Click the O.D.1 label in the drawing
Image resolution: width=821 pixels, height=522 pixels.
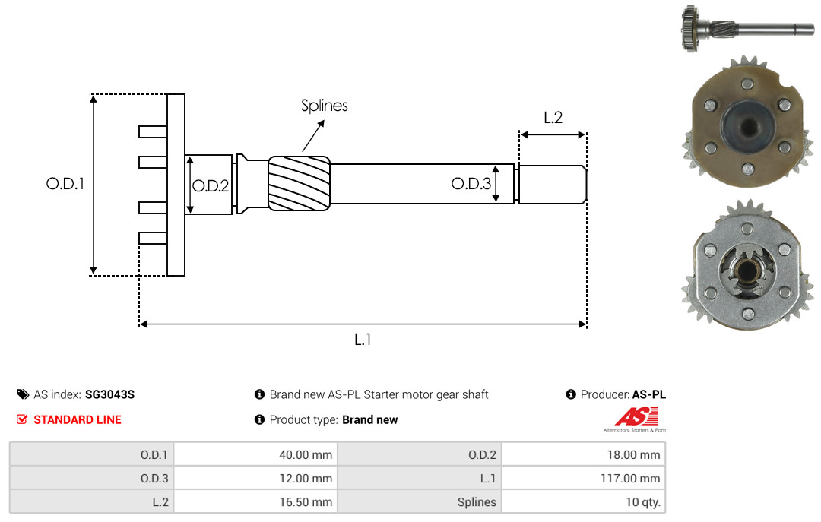(x=65, y=184)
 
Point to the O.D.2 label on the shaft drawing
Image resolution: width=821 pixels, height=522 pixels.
(x=211, y=186)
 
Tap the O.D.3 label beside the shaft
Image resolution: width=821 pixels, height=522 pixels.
(x=471, y=183)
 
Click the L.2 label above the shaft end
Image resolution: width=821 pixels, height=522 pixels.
(x=553, y=118)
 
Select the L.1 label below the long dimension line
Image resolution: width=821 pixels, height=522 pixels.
(x=363, y=340)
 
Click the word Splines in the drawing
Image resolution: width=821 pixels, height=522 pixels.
(x=324, y=106)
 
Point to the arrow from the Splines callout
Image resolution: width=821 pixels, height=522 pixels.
(x=313, y=136)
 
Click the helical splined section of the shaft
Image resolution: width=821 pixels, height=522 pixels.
(x=299, y=183)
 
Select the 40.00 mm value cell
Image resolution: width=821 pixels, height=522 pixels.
(x=255, y=454)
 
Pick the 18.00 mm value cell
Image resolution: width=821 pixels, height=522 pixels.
(x=583, y=454)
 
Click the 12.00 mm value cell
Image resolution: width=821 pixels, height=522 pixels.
(x=255, y=478)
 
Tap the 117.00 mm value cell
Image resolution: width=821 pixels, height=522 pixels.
(x=583, y=478)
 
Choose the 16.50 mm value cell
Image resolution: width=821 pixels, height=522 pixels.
(x=255, y=501)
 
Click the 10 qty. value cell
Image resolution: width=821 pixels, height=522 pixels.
(x=583, y=501)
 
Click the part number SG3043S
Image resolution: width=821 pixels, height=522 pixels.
(x=110, y=394)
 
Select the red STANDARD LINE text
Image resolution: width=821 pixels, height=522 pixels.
(x=78, y=419)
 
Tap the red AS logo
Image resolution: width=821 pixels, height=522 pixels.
(x=636, y=416)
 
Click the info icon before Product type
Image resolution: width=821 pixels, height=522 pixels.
(x=259, y=419)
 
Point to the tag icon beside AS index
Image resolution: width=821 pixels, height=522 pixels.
(x=23, y=394)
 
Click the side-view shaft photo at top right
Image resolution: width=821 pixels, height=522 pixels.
(x=747, y=28)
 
